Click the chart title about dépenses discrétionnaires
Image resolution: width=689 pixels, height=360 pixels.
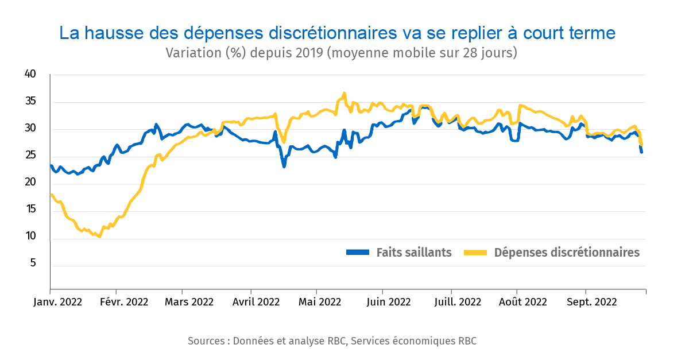pyautogui.click(x=338, y=33)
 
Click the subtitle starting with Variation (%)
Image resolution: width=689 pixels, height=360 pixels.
pyautogui.click(x=342, y=53)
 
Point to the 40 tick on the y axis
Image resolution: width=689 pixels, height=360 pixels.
pyautogui.click(x=30, y=74)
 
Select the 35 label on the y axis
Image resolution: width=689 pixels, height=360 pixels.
pyautogui.click(x=30, y=102)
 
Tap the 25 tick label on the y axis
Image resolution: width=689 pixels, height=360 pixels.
pyautogui.click(x=30, y=156)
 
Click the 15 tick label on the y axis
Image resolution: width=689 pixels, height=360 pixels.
pyautogui.click(x=30, y=210)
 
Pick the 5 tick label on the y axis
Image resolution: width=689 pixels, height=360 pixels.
pyautogui.click(x=33, y=264)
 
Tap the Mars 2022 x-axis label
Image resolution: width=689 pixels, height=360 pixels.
pyautogui.click(x=189, y=302)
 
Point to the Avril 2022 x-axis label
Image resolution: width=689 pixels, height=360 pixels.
pyautogui.click(x=256, y=302)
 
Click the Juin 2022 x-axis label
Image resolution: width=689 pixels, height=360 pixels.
pyautogui.click(x=389, y=302)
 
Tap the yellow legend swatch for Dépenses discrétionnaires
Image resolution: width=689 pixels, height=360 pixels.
pyautogui.click(x=475, y=252)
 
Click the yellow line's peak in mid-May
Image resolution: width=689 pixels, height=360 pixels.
pyautogui.click(x=344, y=93)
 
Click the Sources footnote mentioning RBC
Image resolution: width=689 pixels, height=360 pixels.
pyautogui.click(x=332, y=341)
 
